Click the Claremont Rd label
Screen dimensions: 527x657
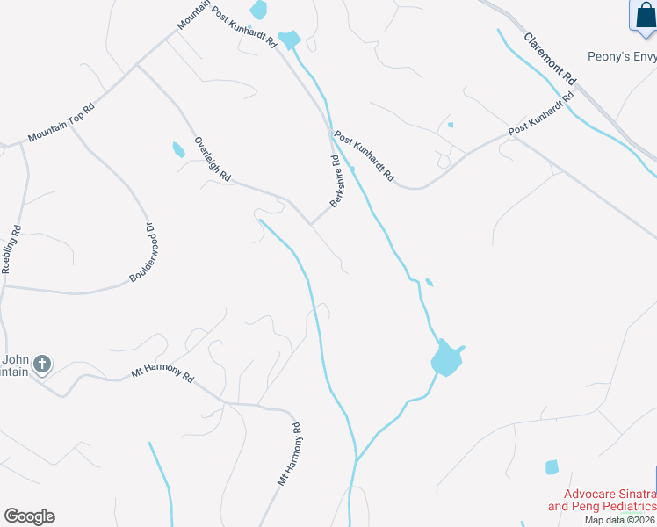pos(550,59)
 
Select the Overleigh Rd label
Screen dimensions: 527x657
pos(213,159)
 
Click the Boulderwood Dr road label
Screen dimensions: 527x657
pos(141,252)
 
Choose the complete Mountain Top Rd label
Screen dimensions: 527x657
pos(60,125)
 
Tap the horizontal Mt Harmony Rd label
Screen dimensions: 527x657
pos(162,373)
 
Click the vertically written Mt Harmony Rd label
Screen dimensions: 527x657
pos(290,455)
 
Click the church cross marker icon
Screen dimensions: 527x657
pos(42,364)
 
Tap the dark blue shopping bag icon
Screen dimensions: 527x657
pos(642,16)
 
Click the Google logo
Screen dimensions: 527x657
pos(29,516)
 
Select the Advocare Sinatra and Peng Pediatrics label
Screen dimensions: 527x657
pos(602,501)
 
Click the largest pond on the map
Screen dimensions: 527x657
pos(446,358)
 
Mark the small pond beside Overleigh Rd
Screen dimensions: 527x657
pos(179,150)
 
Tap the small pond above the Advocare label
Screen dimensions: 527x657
pos(552,467)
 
